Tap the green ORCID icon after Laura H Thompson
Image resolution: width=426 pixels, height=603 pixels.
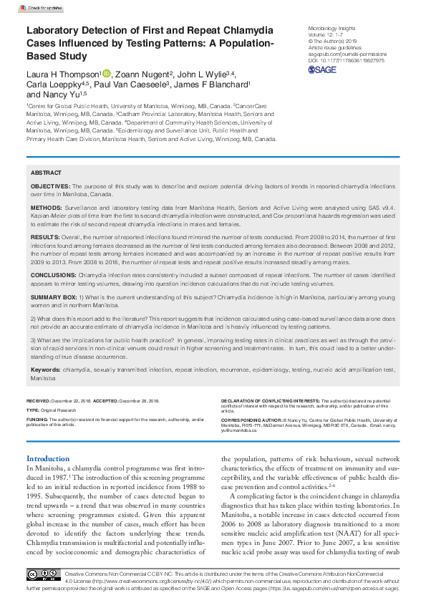click(107, 73)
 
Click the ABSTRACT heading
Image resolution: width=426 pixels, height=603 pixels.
click(47, 173)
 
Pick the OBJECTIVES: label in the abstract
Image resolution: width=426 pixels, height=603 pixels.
click(54, 185)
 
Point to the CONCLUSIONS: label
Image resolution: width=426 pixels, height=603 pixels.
click(54, 274)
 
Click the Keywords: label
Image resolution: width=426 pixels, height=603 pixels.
click(46, 370)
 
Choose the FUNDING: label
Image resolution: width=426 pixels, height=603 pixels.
click(37, 419)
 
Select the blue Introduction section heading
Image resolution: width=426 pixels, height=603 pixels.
click(48, 458)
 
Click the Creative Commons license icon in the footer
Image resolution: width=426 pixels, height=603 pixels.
click(43, 574)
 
